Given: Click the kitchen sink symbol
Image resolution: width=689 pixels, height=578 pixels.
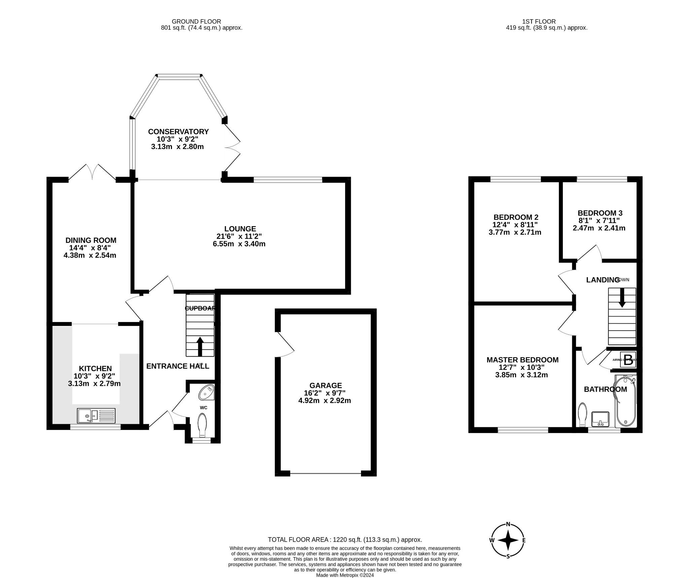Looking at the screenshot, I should point(96,416).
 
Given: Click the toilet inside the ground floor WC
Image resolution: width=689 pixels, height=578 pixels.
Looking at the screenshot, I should point(202,425).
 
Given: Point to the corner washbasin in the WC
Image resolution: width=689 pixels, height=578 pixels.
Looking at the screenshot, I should point(206,393).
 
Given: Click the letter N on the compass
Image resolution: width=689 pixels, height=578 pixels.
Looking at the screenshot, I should point(508,524).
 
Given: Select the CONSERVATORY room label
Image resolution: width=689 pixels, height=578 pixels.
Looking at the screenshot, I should point(178,132).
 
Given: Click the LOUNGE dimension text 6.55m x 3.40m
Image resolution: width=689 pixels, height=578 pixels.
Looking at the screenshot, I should point(239,244).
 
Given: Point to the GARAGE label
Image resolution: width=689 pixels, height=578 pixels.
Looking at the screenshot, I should point(325,386).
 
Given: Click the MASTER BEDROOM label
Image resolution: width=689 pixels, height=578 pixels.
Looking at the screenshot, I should point(522,360).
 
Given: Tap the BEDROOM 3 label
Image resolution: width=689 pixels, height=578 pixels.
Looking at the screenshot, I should point(600,213).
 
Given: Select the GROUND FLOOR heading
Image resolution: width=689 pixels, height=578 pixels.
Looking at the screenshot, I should point(196,22).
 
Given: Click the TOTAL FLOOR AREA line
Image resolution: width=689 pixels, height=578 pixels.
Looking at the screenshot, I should point(344,540).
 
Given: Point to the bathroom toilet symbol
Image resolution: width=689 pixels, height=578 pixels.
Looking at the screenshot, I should point(582,415).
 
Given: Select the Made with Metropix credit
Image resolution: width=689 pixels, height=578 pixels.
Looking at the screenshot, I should point(344,575).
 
